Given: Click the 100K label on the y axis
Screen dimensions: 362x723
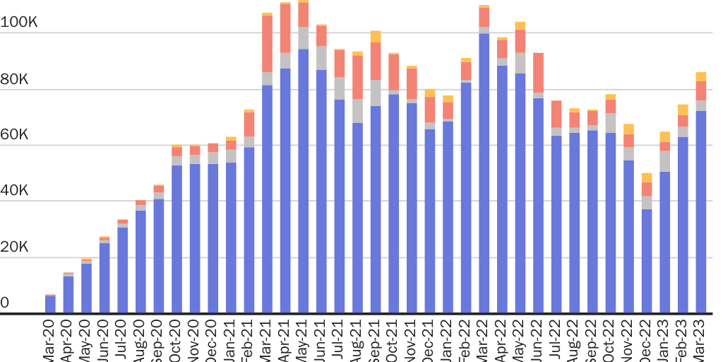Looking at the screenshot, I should click(19, 23).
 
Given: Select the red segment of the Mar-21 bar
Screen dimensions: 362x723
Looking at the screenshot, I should click(268, 44).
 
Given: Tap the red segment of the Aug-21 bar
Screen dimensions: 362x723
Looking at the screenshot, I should click(358, 77).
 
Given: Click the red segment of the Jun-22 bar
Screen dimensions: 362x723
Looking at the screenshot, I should click(539, 73).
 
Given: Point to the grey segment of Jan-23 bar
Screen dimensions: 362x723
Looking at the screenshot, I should click(664, 161).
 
